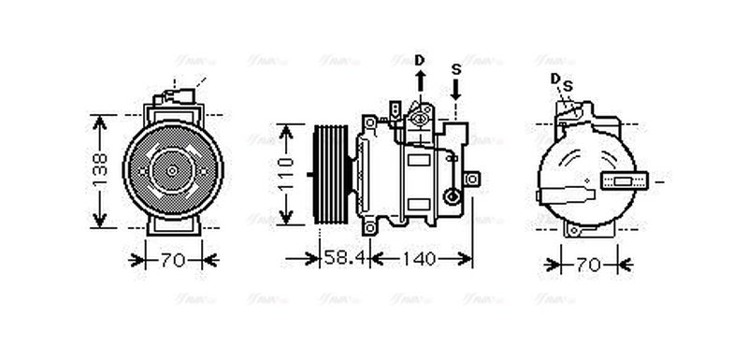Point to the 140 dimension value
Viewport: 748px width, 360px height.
[423, 259]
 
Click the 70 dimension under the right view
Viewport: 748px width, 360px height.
[587, 266]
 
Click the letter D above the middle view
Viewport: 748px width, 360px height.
[420, 60]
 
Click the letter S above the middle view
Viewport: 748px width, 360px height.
[455, 69]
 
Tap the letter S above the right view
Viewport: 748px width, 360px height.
[567, 86]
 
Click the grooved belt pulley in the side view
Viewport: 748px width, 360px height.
[331, 173]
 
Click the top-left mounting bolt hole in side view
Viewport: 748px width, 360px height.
[370, 121]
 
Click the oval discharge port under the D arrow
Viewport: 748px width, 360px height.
[420, 117]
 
